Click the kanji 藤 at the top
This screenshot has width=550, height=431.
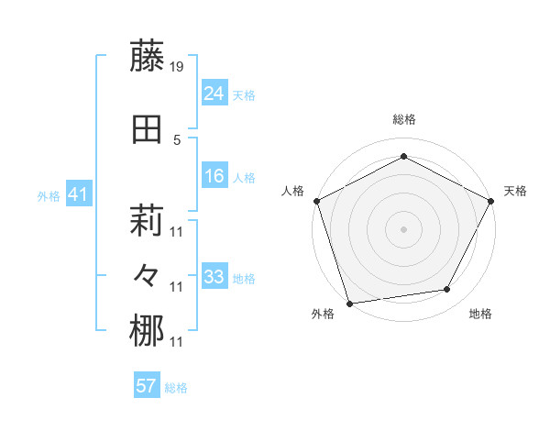[x=147, y=58]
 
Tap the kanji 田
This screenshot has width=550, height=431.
[x=147, y=130]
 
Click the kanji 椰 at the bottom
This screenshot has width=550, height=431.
[x=147, y=332]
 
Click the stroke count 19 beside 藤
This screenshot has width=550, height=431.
[x=178, y=67]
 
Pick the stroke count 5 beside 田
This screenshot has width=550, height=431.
[x=177, y=139]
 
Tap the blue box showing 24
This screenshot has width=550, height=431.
[x=214, y=94]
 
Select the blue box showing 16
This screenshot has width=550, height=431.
[x=214, y=176]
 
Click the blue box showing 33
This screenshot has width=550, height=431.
[x=214, y=277]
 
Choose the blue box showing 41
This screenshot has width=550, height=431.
[x=78, y=194]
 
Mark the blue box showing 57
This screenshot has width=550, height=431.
[x=146, y=386]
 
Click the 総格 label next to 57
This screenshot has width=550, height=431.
[x=176, y=388]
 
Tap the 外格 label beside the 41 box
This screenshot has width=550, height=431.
[x=49, y=196]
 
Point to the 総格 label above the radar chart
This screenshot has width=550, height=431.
[x=404, y=119]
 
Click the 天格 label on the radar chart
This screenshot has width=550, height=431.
[x=515, y=191]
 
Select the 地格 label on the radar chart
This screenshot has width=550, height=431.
[x=480, y=314]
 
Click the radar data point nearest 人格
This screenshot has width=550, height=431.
[x=316, y=200]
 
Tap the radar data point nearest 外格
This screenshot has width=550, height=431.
[x=350, y=303]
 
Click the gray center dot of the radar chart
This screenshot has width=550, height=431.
[x=403, y=228]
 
